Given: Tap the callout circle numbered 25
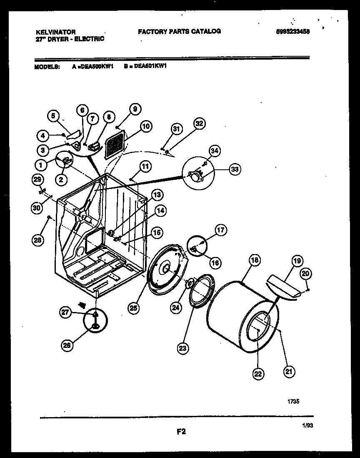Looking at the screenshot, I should (133, 308).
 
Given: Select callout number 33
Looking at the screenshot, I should (235, 169).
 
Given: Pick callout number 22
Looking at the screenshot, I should (258, 374).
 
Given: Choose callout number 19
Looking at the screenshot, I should (296, 262).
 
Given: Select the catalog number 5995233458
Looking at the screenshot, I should (293, 31).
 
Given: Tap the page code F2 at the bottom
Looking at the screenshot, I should (180, 432).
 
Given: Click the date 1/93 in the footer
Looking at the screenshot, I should (307, 425).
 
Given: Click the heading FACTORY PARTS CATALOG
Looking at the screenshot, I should (179, 31).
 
